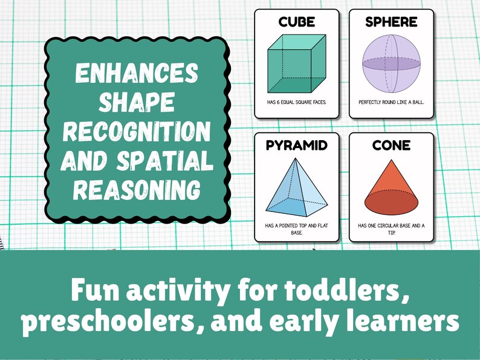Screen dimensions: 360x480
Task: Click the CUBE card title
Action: (296, 22)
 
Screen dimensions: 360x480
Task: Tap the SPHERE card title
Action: (391, 22)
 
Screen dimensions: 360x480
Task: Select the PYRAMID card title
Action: (296, 146)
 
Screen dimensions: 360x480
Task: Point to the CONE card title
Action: (391, 146)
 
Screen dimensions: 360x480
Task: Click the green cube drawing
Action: (296, 63)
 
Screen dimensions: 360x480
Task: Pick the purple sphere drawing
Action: (391, 63)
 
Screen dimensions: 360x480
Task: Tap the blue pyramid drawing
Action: (296, 187)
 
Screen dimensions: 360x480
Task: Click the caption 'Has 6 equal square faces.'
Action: (296, 102)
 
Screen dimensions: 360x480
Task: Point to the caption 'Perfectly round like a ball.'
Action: (391, 102)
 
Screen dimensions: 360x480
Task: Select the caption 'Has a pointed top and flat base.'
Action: (296, 228)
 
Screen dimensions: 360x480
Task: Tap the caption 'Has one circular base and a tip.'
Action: (391, 228)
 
